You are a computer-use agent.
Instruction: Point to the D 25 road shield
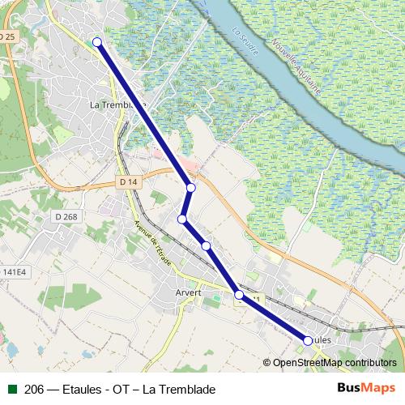coord(8,37)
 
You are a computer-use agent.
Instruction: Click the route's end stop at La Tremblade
coord(97,42)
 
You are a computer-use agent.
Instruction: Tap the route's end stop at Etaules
coord(308,341)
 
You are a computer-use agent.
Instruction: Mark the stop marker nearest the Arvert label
coord(239,295)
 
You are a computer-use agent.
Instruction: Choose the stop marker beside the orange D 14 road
coord(191,188)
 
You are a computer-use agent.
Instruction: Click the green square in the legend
coord(12,390)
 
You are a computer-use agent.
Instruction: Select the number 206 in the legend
coord(34,390)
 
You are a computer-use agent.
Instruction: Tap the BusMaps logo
coord(366,389)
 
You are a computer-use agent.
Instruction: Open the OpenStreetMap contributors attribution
coord(334,362)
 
